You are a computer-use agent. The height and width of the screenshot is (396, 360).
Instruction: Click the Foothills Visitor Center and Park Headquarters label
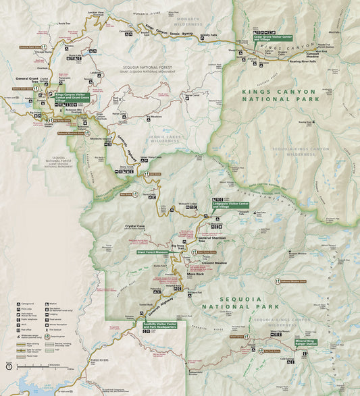155,324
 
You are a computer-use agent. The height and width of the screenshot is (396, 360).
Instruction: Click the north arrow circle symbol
9,367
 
